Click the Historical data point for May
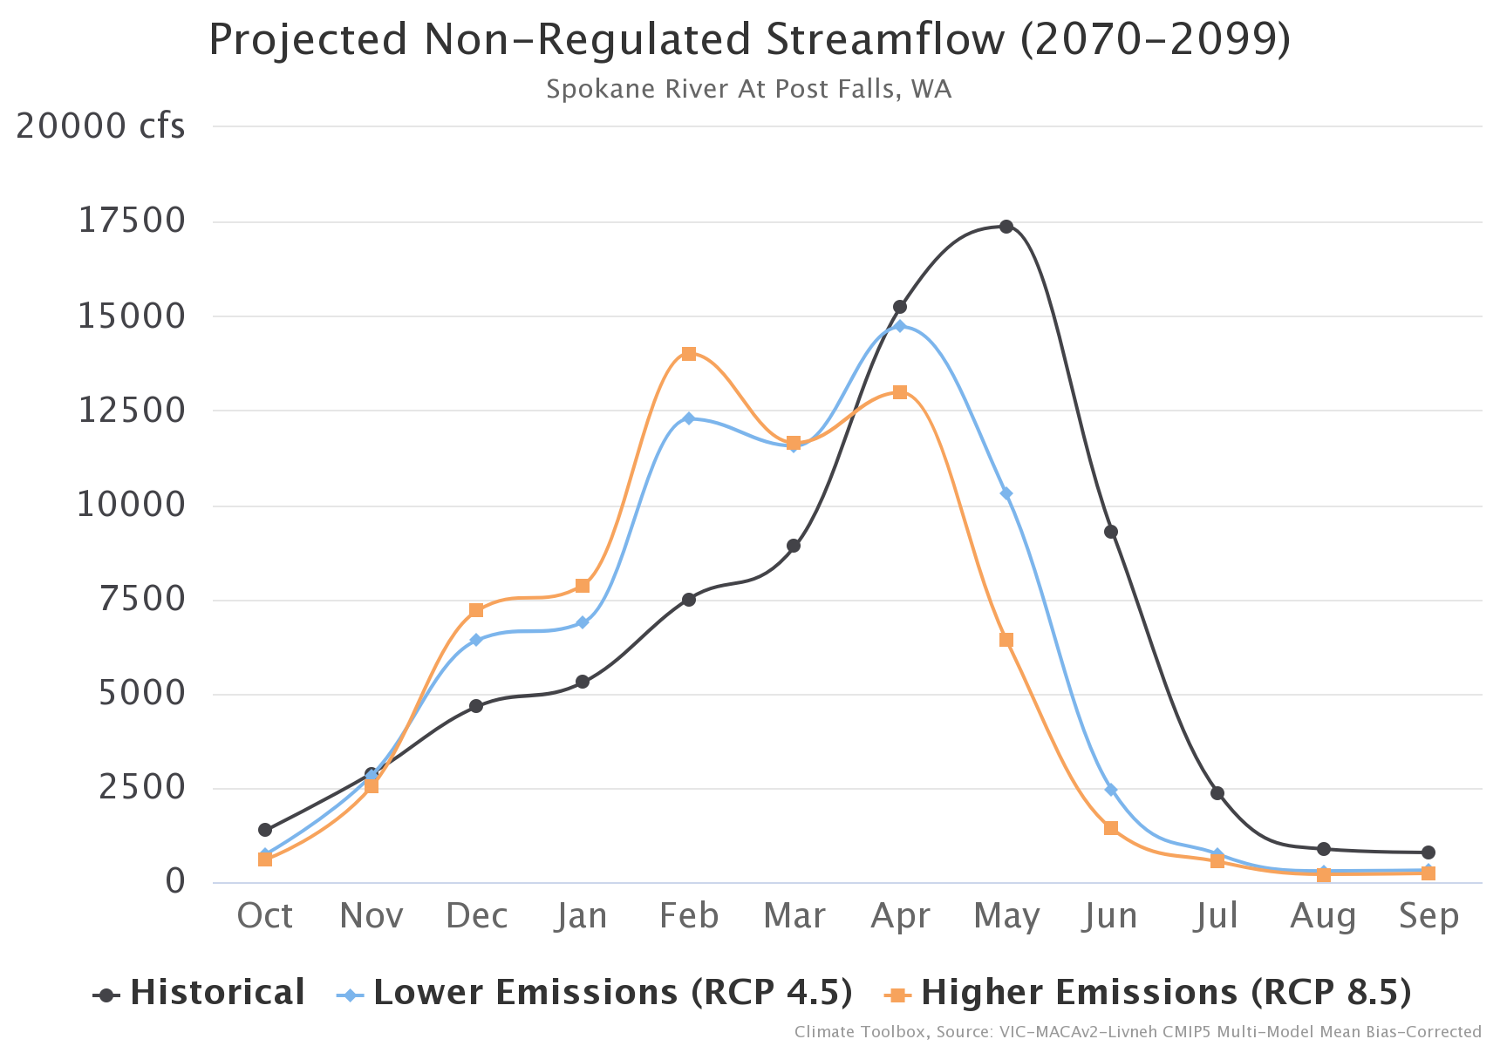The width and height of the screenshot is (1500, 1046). pos(1006,227)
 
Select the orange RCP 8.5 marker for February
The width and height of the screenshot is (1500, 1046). pos(689,354)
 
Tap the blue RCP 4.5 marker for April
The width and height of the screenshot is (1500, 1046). pos(900,326)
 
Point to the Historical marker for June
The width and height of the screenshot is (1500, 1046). pos(1111,532)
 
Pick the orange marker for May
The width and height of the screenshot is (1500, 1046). pos(1006,640)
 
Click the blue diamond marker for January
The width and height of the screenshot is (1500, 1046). pos(583,622)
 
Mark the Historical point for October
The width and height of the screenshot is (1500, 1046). pos(265,830)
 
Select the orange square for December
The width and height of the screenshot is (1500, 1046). pos(476,610)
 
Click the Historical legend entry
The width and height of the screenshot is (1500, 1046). pos(201,993)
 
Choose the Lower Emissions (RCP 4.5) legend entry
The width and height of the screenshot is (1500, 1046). pos(595,993)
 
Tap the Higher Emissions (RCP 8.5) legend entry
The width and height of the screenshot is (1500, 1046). pos(1149,993)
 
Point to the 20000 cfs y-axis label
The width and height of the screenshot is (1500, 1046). pos(100,126)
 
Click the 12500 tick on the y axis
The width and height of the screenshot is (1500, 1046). pos(132,410)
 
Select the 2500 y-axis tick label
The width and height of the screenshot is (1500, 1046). pos(142,787)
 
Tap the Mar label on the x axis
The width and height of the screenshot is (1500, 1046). pos(794,916)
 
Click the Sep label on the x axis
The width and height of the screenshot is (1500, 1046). pos(1428,916)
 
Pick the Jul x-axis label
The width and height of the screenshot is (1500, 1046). pos(1217,916)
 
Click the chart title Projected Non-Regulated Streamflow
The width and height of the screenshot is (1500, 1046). pos(750,40)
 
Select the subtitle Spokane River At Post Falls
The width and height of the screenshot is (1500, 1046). pos(748,89)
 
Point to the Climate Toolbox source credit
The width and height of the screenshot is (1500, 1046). pos(1137,1032)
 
